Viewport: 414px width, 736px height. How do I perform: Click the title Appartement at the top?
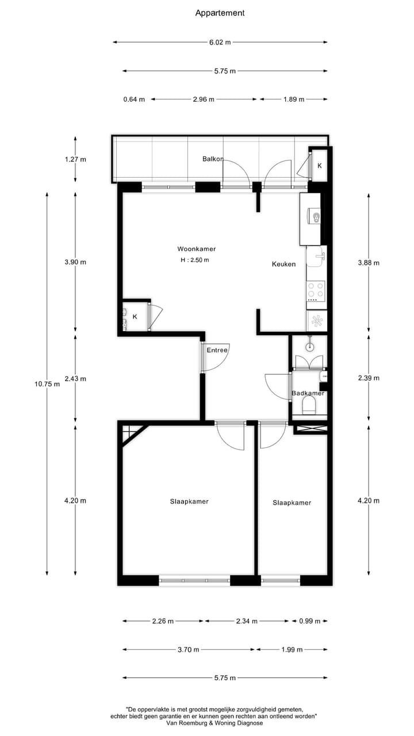pos(220,13)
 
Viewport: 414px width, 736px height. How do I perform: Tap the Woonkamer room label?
pos(196,249)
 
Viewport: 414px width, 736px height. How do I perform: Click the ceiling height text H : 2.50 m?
pos(194,260)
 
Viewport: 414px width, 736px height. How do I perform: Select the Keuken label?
pos(283,264)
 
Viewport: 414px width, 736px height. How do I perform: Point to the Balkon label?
pos(212,159)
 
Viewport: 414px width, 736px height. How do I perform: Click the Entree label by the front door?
pos(217,350)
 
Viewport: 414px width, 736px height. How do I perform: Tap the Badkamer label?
pos(308,393)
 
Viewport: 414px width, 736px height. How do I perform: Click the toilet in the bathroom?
pos(309,405)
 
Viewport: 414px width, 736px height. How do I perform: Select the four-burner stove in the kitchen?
pos(316,291)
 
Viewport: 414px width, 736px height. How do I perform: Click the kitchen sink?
pos(316,256)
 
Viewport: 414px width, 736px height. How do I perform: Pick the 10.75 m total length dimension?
pos(47,384)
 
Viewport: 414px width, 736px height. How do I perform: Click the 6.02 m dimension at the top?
pos(220,42)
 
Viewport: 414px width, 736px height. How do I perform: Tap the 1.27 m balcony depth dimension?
pos(75,159)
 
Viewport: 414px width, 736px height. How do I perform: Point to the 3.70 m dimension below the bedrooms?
pos(189,649)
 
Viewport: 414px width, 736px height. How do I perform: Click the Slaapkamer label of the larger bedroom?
pos(189,501)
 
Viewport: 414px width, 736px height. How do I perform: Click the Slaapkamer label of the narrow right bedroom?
pos(292,503)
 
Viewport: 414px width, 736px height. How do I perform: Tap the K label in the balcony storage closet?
pos(320,166)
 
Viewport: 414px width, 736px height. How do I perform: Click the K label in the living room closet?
pos(135,317)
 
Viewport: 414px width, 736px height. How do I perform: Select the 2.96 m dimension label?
pos(204,99)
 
